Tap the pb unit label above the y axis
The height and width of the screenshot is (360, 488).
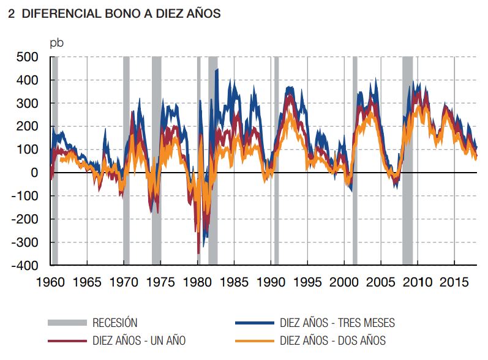tap(56, 43)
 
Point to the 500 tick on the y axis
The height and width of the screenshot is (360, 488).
tap(27, 57)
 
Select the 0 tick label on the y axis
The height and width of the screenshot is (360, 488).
tap(35, 173)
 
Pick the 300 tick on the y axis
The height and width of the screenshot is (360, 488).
tap(27, 103)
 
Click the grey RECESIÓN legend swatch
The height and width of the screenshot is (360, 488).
tap(67, 323)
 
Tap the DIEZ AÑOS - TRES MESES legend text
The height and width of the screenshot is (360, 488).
tap(337, 323)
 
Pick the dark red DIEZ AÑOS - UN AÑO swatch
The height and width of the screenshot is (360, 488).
tap(67, 340)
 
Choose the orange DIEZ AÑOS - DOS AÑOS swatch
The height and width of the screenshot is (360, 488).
tap(254, 340)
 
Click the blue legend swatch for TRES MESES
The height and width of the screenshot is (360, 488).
tap(254, 323)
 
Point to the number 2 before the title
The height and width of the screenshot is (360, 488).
tap(12, 14)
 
